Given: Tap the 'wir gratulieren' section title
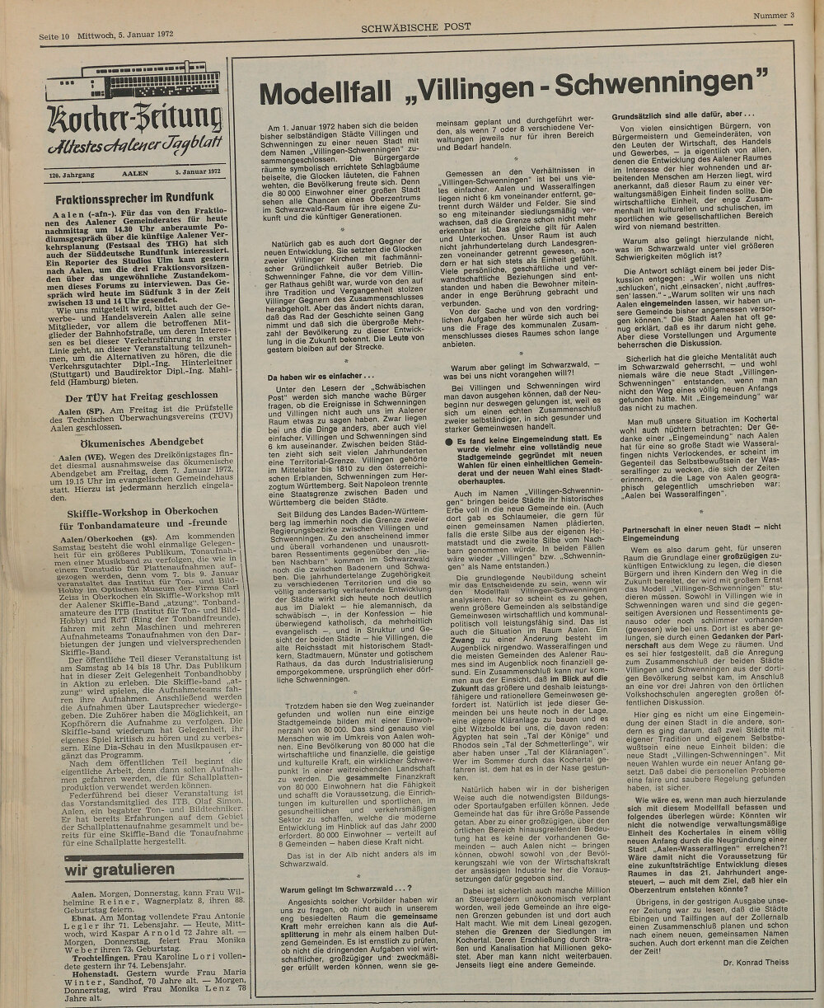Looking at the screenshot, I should (x=121, y=870).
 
